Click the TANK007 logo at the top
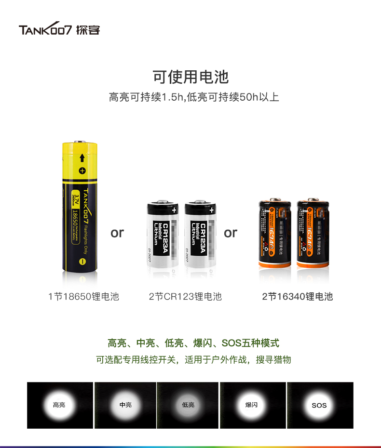pyautogui.click(x=59, y=29)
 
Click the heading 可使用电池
pyautogui.click(x=190, y=77)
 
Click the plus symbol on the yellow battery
pyautogui.click(x=82, y=171)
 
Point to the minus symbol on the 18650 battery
pyautogui.click(x=82, y=261)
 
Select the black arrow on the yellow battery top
pyautogui.click(x=82, y=158)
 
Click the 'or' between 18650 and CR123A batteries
pyautogui.click(x=117, y=233)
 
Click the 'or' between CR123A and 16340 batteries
pyautogui.click(x=231, y=233)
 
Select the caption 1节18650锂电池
pyautogui.click(x=83, y=297)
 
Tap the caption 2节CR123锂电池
pyautogui.click(x=185, y=297)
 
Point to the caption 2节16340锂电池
pyautogui.click(x=298, y=297)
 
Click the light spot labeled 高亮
pyautogui.click(x=59, y=405)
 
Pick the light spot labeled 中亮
pyautogui.click(x=125, y=405)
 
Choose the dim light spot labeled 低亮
pyautogui.click(x=188, y=405)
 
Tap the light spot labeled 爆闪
pyautogui.click(x=251, y=405)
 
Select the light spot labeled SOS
pyautogui.click(x=319, y=405)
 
